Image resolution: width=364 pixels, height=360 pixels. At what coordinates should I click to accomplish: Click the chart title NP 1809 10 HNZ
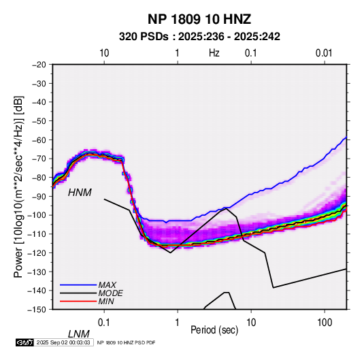tap(199, 19)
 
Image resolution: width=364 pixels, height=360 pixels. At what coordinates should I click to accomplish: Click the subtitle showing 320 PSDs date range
tap(199, 37)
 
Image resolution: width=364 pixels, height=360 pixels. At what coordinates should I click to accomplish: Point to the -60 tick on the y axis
tap(39, 140)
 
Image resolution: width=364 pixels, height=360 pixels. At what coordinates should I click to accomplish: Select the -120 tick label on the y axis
tap(37, 253)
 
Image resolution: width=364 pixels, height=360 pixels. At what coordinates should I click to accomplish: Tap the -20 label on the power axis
tap(39, 65)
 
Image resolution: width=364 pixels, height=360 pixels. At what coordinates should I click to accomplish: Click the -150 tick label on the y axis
tap(37, 310)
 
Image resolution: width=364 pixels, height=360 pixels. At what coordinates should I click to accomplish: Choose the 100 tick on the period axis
tap(325, 323)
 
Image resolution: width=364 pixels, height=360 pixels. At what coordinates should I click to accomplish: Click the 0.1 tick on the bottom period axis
tap(104, 323)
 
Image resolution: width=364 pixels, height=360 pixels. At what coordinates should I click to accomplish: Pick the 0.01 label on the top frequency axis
tap(324, 53)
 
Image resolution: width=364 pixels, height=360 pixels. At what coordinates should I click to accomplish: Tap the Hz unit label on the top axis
tap(214, 53)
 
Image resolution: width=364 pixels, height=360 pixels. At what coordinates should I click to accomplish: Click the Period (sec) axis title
tap(214, 330)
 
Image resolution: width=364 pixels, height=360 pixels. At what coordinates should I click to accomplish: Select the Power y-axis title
tap(18, 187)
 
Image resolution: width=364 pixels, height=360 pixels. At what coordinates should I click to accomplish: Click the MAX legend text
tap(107, 285)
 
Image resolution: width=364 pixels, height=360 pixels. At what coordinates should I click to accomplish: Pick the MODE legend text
tap(110, 293)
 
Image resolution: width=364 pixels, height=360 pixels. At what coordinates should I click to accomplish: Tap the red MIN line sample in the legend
tap(78, 301)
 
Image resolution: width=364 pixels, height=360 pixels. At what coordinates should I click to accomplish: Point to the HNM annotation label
tap(80, 193)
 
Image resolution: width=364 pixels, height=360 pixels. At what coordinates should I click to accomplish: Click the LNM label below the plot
tap(78, 334)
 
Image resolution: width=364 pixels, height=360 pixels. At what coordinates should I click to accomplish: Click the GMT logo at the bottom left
tap(25, 342)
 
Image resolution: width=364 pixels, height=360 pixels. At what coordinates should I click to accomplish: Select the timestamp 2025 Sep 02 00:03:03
tap(63, 342)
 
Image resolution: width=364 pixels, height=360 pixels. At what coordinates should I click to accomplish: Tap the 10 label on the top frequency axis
tap(104, 53)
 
